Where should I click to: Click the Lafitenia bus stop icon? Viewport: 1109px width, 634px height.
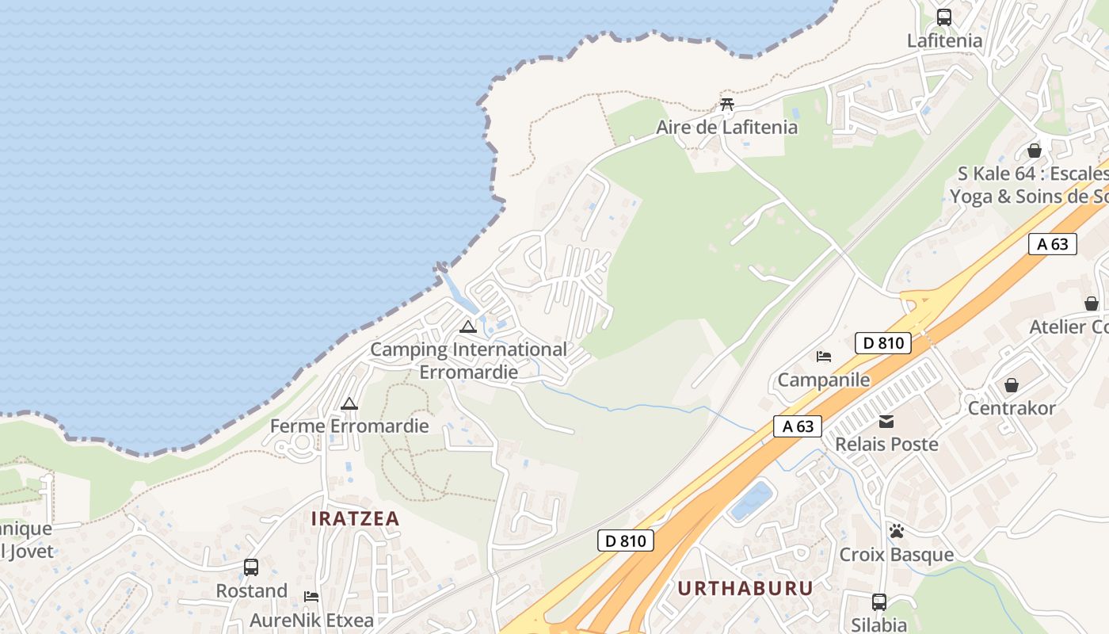[943, 17]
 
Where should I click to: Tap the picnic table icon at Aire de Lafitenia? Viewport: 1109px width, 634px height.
[727, 104]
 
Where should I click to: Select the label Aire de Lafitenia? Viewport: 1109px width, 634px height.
[726, 127]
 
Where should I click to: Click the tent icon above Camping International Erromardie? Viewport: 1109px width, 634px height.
[468, 326]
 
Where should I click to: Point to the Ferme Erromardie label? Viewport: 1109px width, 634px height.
[349, 426]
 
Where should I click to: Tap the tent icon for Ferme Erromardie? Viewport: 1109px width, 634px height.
[349, 403]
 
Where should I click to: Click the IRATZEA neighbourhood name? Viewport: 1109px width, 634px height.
[356, 518]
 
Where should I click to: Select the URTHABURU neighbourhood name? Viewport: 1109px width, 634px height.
[745, 588]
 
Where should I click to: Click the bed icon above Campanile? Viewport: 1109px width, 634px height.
[824, 357]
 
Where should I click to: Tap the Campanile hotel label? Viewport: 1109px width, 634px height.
[824, 380]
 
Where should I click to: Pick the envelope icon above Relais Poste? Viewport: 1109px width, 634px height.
[886, 422]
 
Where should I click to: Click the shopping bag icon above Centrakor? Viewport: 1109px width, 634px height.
[1012, 385]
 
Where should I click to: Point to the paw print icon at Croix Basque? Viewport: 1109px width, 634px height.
[896, 531]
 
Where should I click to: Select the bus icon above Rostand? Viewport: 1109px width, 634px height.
[251, 567]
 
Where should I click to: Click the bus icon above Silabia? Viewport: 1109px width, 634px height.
[878, 602]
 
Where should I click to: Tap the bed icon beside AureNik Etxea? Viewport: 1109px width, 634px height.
[311, 597]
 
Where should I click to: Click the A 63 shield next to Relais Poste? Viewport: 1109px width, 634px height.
[798, 426]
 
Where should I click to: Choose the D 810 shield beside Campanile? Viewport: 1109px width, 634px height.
[883, 343]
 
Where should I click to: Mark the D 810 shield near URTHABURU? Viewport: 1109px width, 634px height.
[625, 541]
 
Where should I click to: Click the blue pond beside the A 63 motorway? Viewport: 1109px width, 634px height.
[751, 501]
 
